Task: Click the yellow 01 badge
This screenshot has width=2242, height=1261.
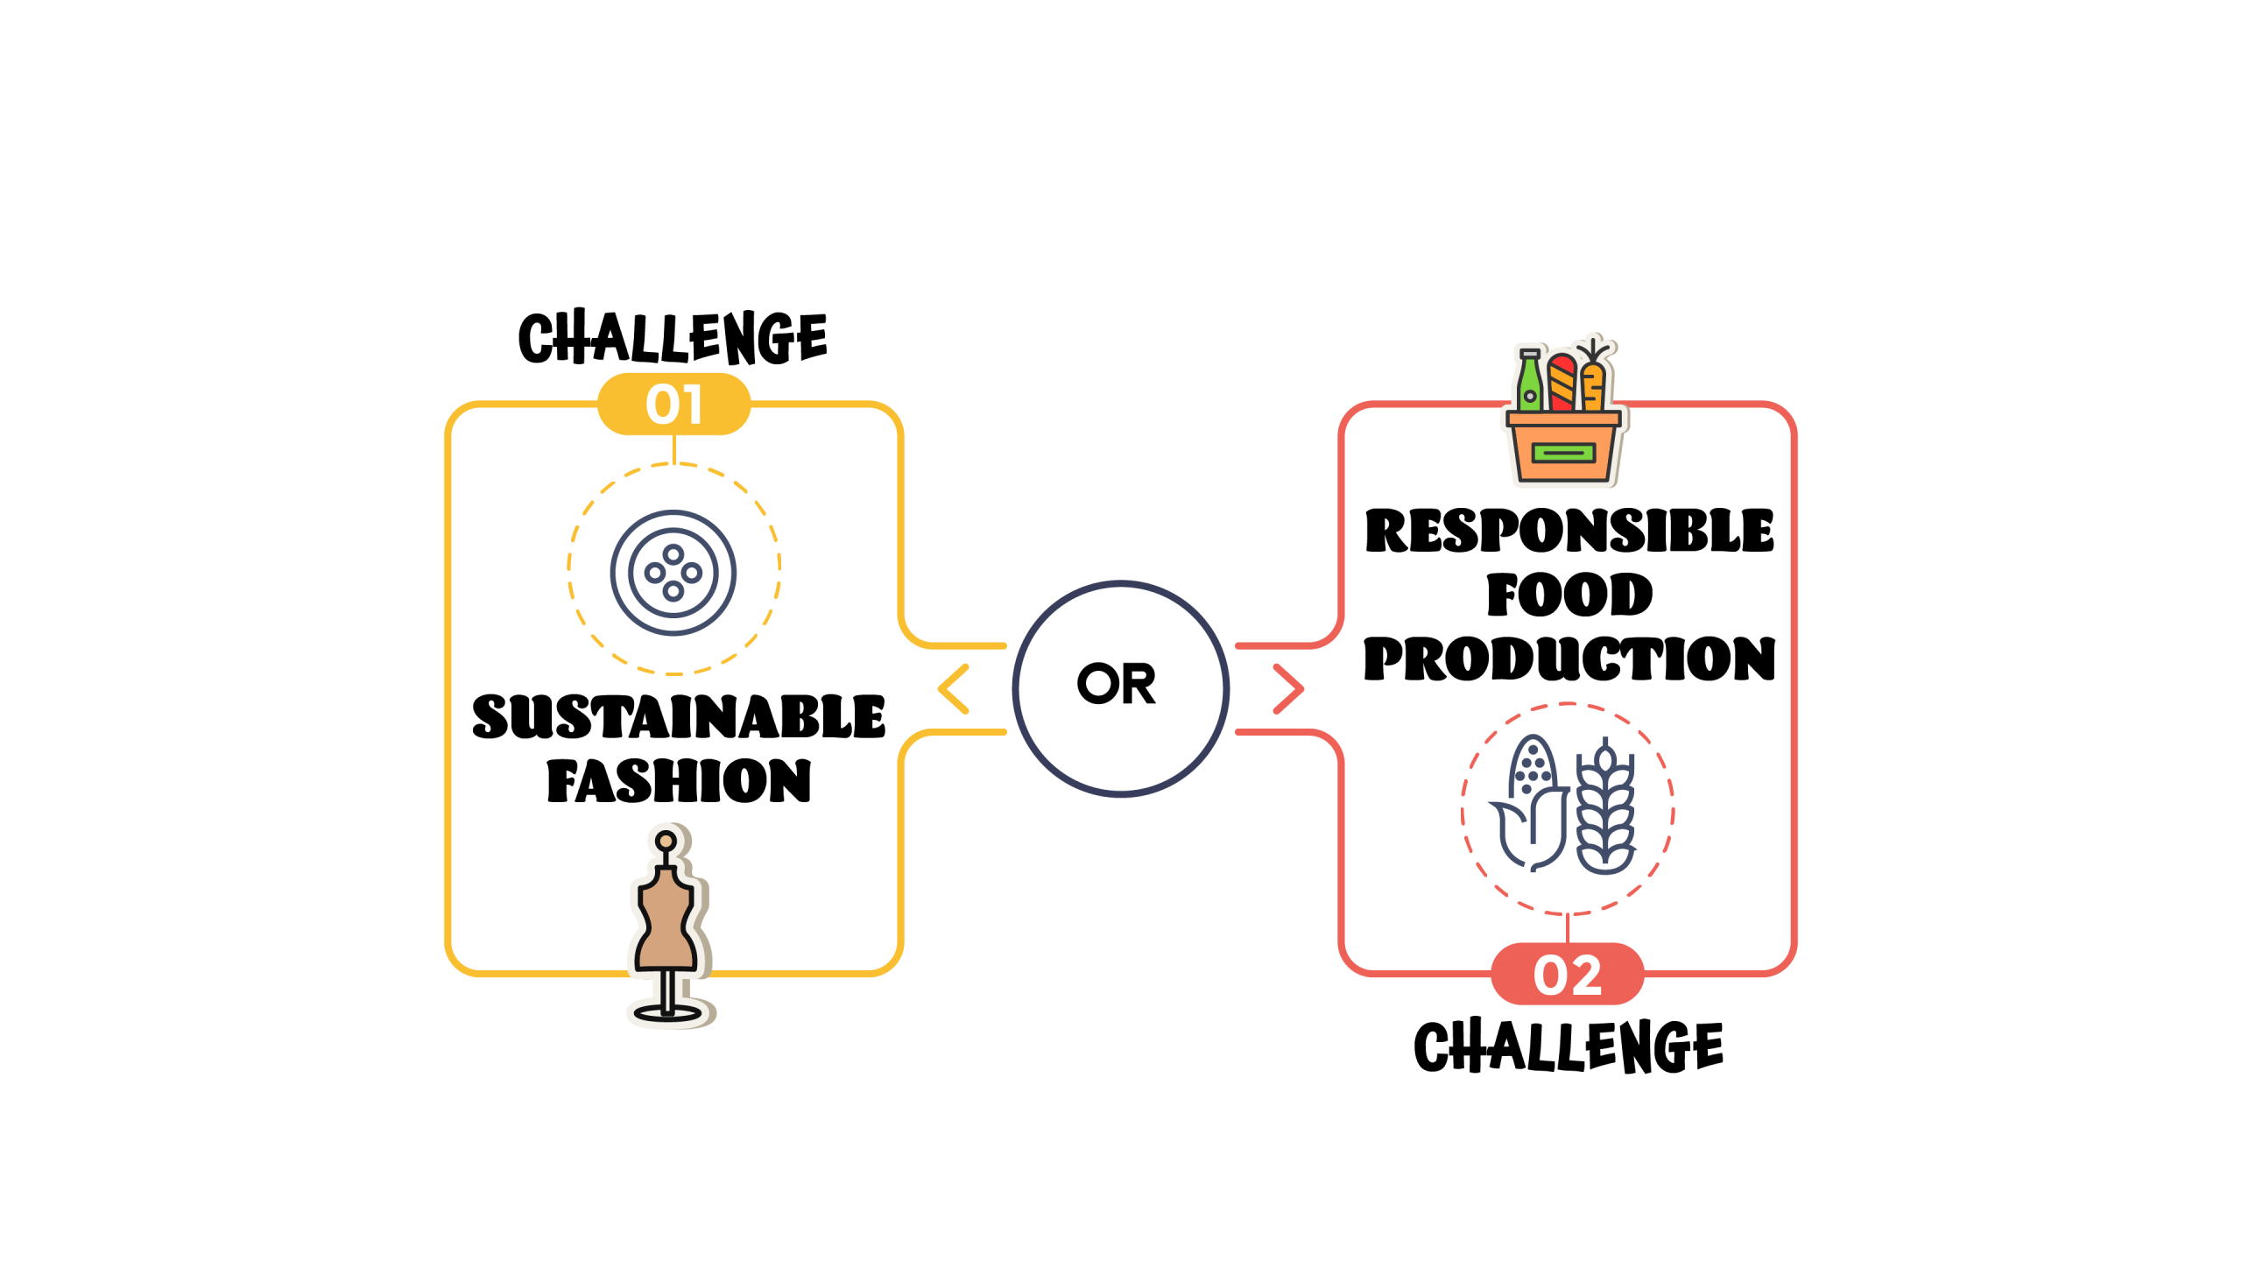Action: [x=673, y=404]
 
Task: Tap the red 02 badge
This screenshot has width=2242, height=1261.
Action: [x=1567, y=974]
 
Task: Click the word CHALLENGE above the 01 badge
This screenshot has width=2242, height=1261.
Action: [x=673, y=337]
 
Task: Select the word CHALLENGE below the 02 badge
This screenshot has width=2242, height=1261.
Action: [x=1569, y=1046]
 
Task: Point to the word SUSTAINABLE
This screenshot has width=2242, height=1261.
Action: [x=679, y=716]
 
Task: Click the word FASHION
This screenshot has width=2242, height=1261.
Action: [x=679, y=780]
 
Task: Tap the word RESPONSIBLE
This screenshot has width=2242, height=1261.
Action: [x=1569, y=531]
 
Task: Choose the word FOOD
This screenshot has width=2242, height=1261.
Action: [x=1569, y=595]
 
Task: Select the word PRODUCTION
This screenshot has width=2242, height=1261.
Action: [x=1569, y=659]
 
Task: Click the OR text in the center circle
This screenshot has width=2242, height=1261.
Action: [x=1117, y=683]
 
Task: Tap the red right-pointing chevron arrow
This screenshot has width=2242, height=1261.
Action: [x=1288, y=689]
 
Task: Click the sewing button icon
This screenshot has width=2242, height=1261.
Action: [x=673, y=573]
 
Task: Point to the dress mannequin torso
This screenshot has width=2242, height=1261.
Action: [x=667, y=919]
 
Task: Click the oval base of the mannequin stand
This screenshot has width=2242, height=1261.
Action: [x=667, y=1014]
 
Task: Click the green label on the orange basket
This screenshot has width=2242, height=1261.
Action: [x=1563, y=453]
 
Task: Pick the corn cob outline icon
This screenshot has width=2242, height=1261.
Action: [x=1529, y=803]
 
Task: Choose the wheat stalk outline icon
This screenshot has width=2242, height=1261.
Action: [x=1605, y=806]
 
